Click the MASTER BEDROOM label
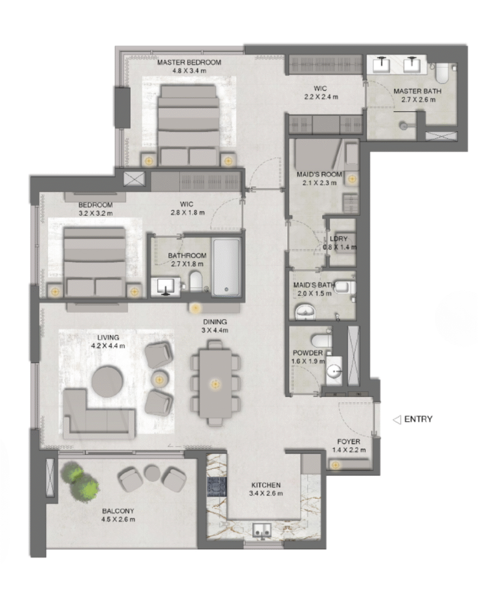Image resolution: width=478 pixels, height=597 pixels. (x=189, y=62)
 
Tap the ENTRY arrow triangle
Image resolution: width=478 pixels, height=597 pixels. (x=397, y=420)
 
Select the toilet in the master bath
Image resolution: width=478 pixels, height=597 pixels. (x=442, y=73)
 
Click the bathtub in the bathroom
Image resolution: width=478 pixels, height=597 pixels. (x=226, y=267)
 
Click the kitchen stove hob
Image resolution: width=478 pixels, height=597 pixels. (x=217, y=487)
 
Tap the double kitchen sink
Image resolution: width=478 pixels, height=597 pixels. (x=262, y=530)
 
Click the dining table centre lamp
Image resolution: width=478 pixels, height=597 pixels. (x=215, y=385)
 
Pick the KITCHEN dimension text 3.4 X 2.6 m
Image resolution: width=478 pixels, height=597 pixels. (x=266, y=493)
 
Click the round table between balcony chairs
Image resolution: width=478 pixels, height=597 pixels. (x=152, y=472)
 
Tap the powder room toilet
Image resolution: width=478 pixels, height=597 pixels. (x=322, y=340)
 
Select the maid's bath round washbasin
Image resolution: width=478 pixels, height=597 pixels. (x=305, y=312)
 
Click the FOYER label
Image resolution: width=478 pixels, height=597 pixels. (x=348, y=442)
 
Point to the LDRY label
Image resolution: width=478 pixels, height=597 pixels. (x=339, y=238)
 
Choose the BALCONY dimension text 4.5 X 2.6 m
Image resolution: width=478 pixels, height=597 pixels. (x=118, y=519)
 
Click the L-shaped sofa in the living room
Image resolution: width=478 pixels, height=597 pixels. (x=99, y=415)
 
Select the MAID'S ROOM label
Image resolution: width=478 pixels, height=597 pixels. (x=319, y=174)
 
